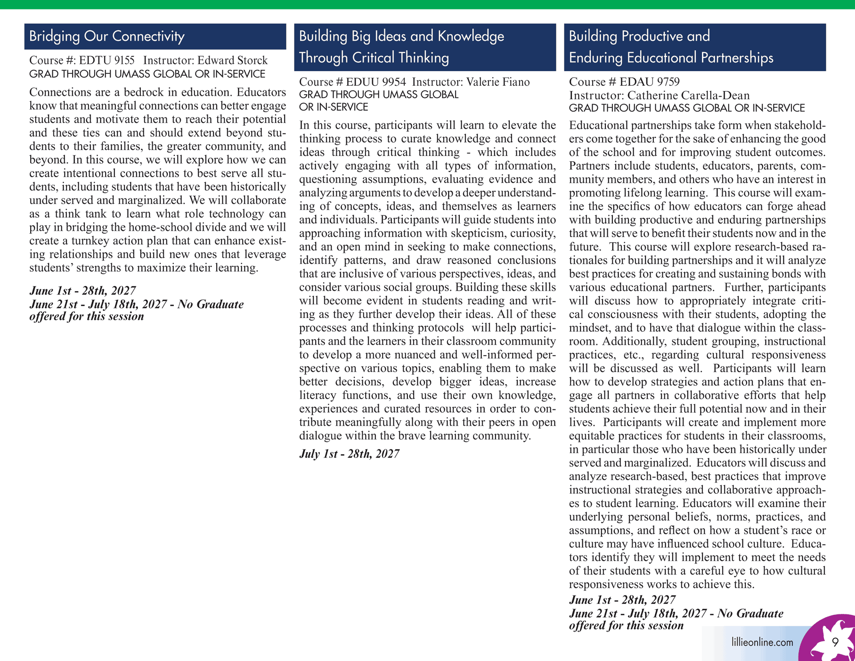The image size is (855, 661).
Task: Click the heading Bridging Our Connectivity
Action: [106, 36]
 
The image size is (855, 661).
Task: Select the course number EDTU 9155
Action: [106, 60]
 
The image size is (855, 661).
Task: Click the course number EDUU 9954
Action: [375, 82]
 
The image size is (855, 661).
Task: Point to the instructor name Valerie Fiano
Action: [497, 82]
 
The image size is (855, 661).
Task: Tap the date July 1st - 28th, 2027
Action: [349, 454]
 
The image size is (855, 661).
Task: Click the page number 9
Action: [835, 643]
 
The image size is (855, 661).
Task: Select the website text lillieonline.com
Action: [762, 642]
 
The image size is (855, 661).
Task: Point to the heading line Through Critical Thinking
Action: [374, 57]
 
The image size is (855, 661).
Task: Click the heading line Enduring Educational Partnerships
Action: [671, 57]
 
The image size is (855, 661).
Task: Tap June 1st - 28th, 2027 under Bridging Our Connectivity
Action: [82, 291]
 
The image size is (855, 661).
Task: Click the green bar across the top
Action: [427, 4]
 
